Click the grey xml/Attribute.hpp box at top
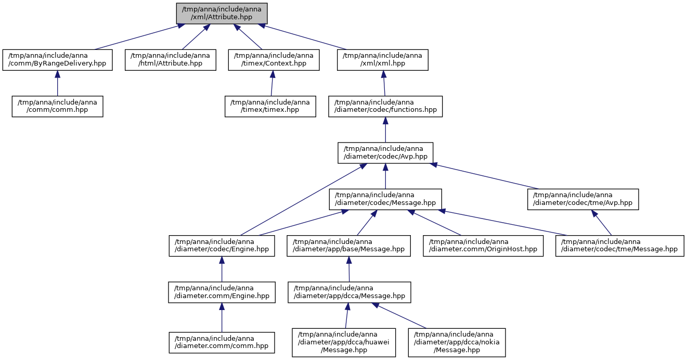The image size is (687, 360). coord(222,14)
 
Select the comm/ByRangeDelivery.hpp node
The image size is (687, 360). coord(57,60)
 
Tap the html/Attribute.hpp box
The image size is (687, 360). coord(171,60)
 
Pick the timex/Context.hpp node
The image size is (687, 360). coord(274,60)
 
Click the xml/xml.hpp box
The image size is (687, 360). coord(382,60)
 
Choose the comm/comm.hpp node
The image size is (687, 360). coord(57,107)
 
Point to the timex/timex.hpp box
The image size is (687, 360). coord(270,107)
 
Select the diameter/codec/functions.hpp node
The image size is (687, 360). coord(385,107)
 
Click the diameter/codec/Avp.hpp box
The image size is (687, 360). coord(385,153)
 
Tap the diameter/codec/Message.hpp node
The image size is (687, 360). coord(385,199)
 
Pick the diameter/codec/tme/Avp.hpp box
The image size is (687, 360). coord(583,199)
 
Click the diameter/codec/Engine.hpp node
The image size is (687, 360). coord(222,246)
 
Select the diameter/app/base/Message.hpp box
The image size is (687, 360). coord(349,246)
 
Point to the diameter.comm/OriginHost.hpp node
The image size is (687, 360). coord(483,246)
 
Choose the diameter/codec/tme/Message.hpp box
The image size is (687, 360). coord(620,246)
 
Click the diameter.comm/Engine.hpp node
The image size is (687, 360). coord(222,292)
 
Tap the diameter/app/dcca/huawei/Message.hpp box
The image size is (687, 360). coord(344,342)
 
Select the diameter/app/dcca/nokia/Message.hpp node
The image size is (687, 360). coord(457,342)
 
